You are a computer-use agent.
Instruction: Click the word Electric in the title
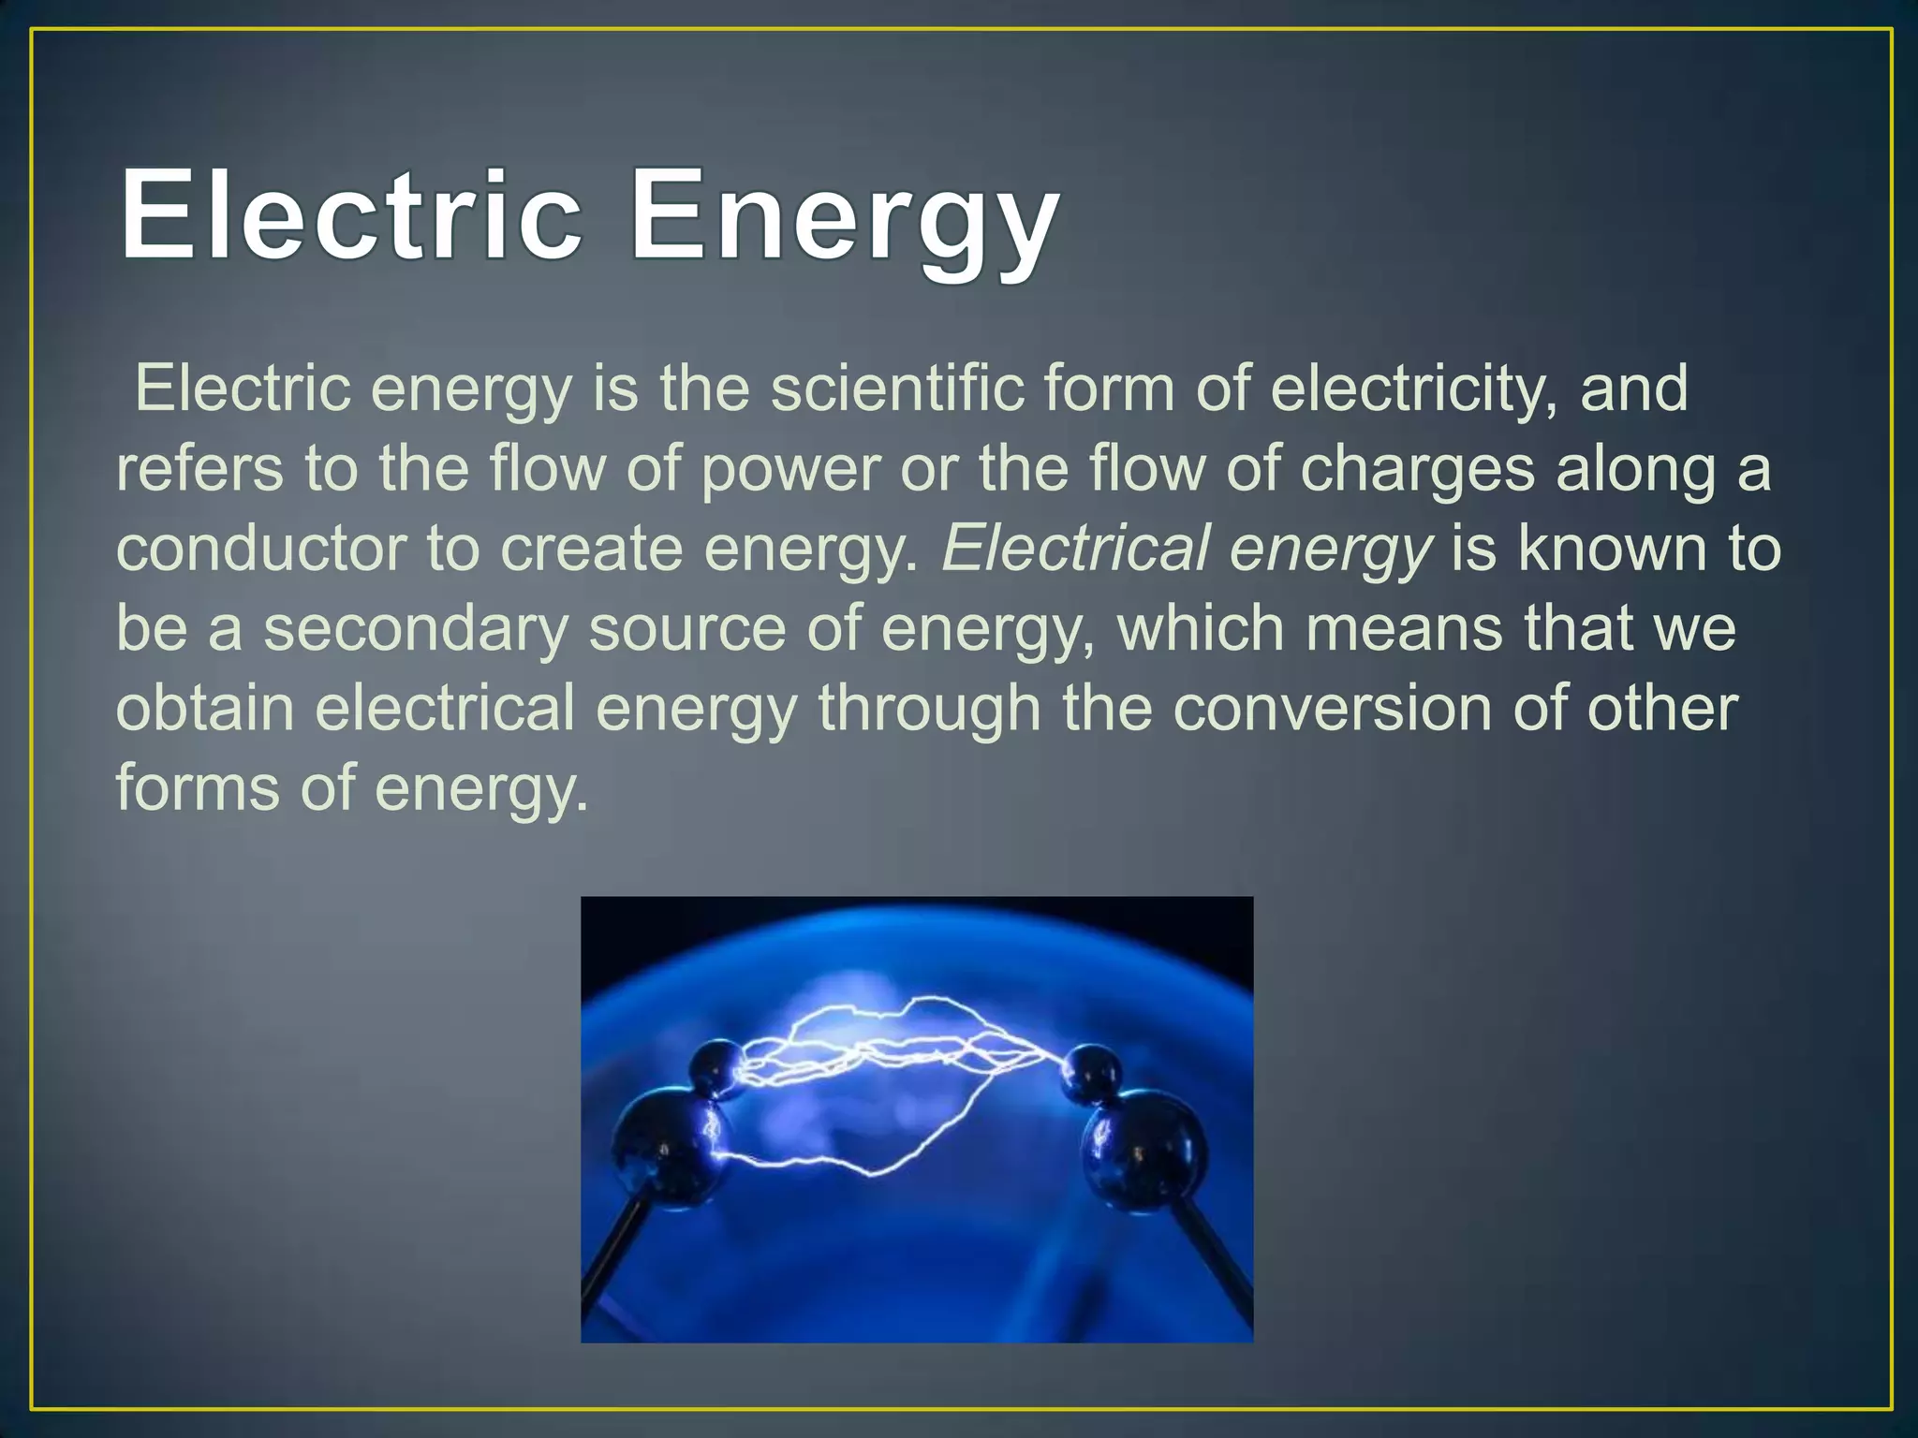click(x=351, y=215)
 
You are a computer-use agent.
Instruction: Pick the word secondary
click(x=416, y=629)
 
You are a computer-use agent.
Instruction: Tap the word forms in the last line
click(x=198, y=788)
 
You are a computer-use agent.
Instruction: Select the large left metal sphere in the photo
click(x=661, y=1150)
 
